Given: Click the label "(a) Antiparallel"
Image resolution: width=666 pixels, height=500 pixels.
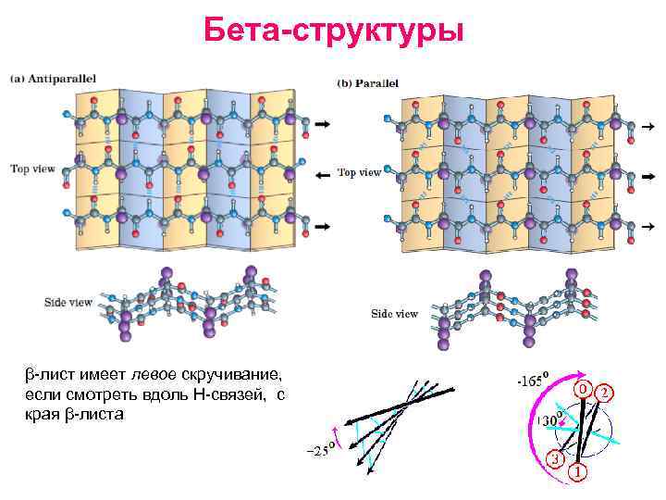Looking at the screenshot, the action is tap(53, 79).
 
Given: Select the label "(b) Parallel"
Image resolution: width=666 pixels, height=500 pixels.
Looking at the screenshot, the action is tap(368, 82).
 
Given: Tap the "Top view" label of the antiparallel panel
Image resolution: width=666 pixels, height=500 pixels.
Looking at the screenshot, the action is tap(33, 169).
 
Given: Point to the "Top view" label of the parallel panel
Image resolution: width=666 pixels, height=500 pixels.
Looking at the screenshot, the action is tap(359, 172).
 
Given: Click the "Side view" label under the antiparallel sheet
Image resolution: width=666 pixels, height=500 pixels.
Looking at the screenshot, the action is tap(68, 302).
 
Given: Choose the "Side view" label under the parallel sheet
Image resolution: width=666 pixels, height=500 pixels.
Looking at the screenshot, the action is tap(394, 314).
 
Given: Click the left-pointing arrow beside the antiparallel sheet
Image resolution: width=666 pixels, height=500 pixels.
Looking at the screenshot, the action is tap(323, 175).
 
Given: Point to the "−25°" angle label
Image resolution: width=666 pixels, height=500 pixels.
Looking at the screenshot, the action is tap(320, 451).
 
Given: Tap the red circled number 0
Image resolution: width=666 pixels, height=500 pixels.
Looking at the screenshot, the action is tap(583, 389).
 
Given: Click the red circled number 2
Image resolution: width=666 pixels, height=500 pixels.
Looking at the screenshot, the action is tap(603, 392).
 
